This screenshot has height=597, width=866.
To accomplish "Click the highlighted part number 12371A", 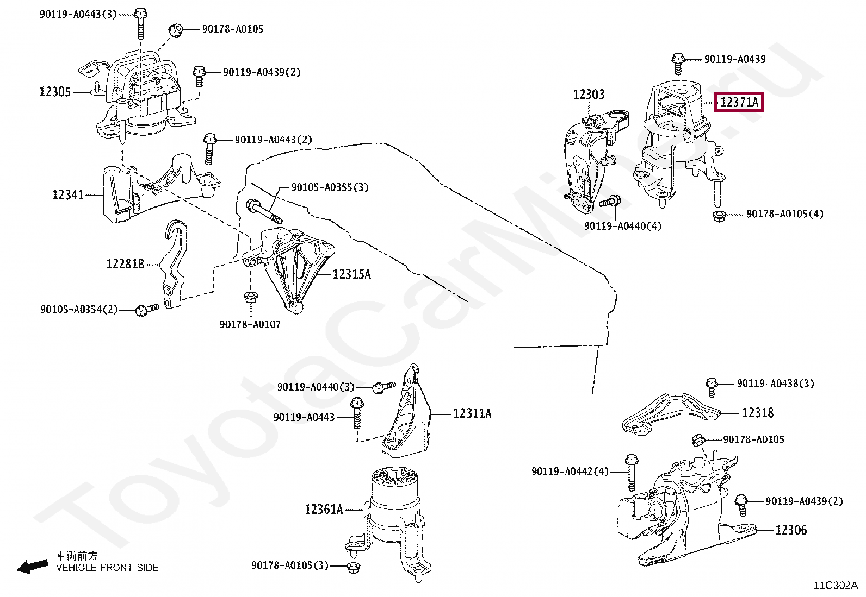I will click(739, 102).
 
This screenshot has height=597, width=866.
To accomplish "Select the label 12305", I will click(55, 92).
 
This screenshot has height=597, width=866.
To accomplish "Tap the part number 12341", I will click(68, 194).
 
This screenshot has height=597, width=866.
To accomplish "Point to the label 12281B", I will click(125, 264).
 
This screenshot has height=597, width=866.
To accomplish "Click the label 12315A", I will click(351, 274).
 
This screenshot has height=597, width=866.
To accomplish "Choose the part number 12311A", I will click(472, 413).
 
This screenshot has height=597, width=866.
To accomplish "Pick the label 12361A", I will click(324, 510).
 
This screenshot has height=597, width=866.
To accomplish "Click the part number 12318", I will click(757, 413).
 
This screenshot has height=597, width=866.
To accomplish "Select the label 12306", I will click(790, 530).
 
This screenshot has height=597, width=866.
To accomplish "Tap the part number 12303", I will click(589, 95).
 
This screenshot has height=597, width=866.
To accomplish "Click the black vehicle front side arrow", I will click(32, 567).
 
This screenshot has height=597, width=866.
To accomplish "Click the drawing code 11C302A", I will click(835, 585).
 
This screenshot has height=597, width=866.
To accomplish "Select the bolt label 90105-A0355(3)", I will click(330, 187).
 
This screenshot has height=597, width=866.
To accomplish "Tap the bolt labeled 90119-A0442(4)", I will click(630, 472).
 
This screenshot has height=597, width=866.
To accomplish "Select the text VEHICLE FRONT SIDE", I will click(107, 568).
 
